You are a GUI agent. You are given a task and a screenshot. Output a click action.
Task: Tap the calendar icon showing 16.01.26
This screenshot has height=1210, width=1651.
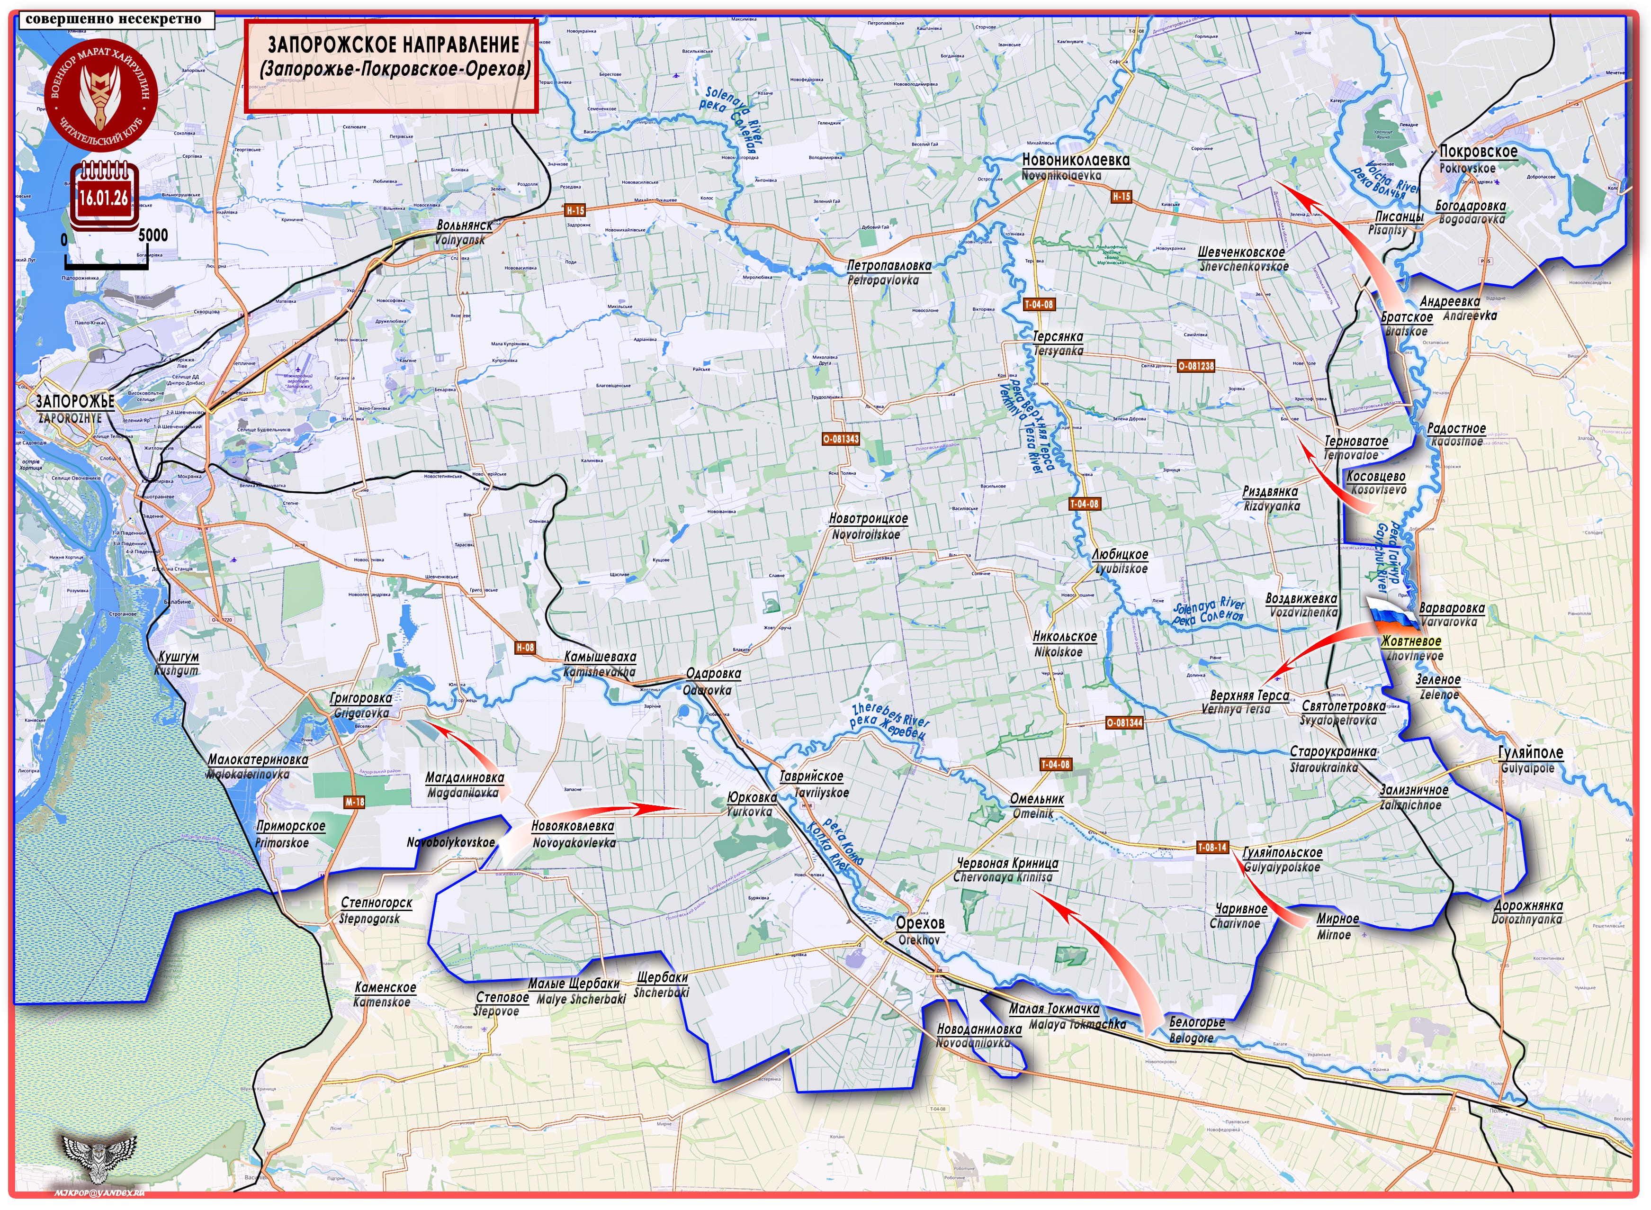pyautogui.click(x=104, y=194)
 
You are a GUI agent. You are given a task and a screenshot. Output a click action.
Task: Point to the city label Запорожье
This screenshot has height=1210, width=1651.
pyautogui.click(x=75, y=401)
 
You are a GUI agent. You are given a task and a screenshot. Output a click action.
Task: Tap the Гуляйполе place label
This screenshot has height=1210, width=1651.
pyautogui.click(x=1530, y=752)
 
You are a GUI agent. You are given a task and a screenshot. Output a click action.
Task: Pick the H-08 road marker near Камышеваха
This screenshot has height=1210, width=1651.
pyautogui.click(x=525, y=648)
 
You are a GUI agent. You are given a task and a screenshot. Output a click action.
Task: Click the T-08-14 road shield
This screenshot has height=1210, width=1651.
pyautogui.click(x=1211, y=848)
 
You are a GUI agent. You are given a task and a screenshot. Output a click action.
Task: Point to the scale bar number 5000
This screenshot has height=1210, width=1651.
pyautogui.click(x=153, y=235)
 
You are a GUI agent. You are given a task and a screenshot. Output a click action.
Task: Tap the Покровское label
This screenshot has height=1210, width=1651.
pyautogui.click(x=1478, y=152)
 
